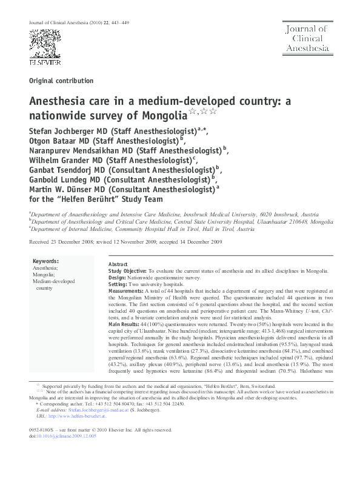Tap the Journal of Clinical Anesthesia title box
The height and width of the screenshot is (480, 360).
pyautogui.click(x=308, y=38)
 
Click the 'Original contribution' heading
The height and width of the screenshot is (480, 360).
pyautogui.click(x=61, y=81)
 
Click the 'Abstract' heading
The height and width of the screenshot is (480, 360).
pyautogui.click(x=118, y=265)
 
